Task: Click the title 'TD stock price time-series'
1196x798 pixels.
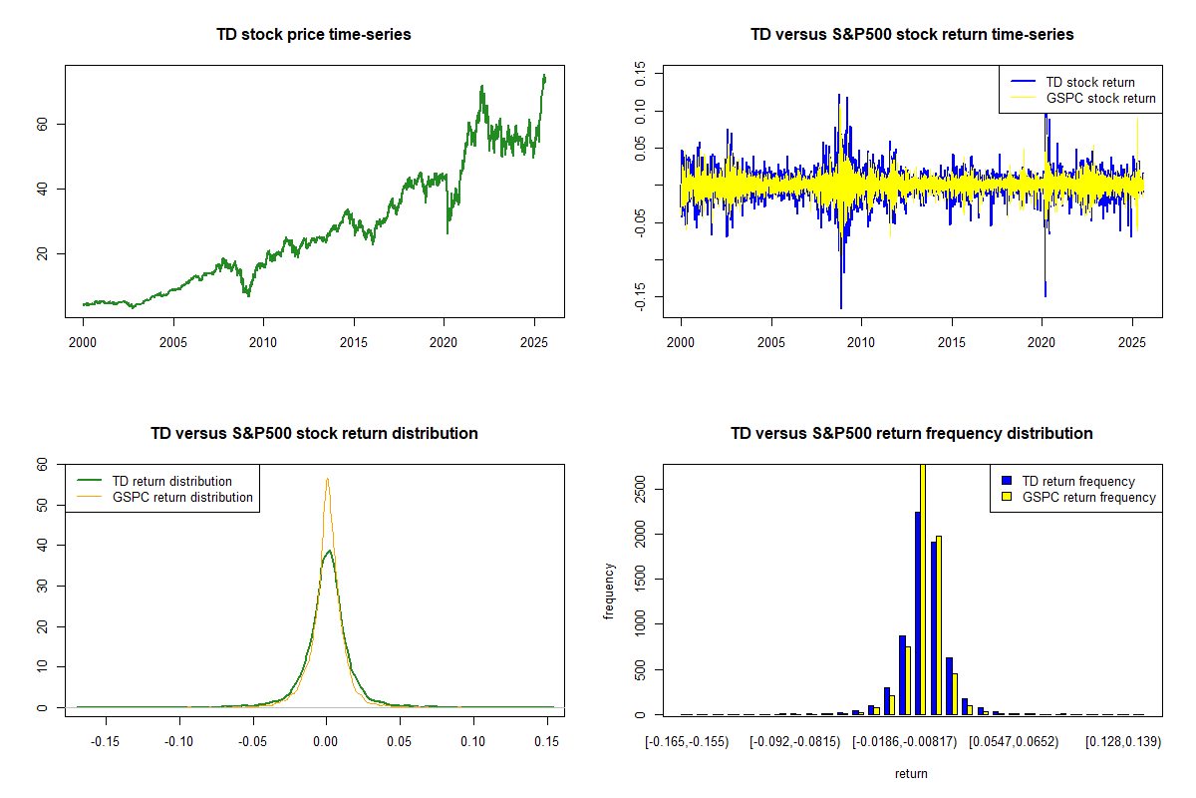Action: (314, 35)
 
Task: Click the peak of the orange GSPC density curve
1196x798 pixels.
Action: (327, 479)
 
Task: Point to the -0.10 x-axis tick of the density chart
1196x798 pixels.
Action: (179, 742)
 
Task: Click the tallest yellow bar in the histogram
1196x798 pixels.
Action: (923, 589)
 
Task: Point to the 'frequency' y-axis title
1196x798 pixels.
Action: (609, 592)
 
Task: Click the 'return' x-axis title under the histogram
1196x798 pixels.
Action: (911, 773)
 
